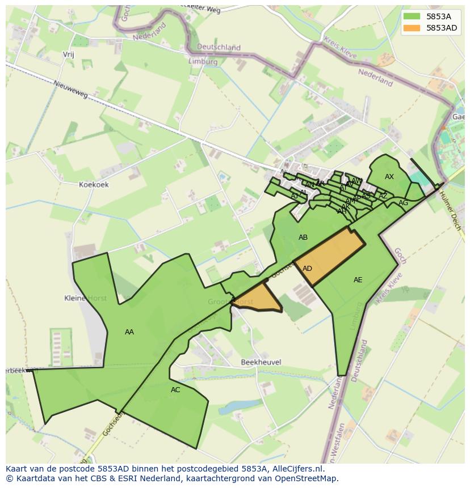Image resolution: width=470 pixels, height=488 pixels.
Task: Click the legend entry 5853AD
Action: point(442,28)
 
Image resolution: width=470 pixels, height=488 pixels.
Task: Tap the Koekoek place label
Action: point(94,185)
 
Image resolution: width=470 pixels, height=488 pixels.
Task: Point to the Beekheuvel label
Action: point(261,362)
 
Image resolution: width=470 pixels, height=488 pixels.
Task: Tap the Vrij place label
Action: point(68,54)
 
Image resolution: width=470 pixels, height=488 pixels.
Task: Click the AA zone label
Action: point(129,332)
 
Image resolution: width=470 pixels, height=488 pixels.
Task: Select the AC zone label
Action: point(175,390)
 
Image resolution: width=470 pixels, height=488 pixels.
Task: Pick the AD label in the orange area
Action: point(307,269)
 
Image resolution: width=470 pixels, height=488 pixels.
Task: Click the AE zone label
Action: point(358,280)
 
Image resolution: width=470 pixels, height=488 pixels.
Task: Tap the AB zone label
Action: point(303,237)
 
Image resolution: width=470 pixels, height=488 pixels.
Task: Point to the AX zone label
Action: point(389,177)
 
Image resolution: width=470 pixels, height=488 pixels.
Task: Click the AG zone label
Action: point(403,203)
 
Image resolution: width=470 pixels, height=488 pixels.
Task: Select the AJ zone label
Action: point(294,196)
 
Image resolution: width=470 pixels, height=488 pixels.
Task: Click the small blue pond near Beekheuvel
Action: point(233,408)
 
